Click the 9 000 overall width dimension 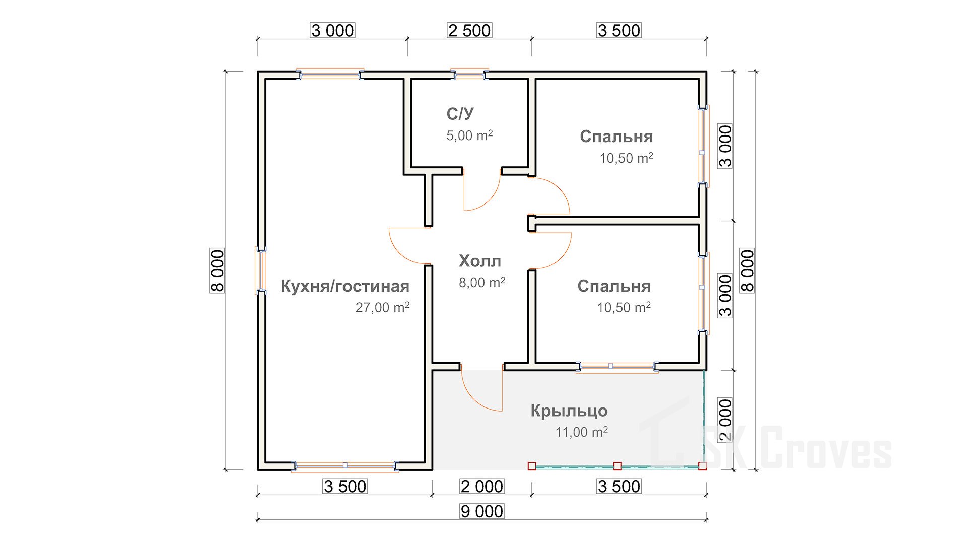click(x=482, y=511)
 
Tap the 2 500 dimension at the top click(x=469, y=31)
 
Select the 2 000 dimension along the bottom click(x=482, y=486)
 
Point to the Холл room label click(x=479, y=261)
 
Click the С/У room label click(x=460, y=114)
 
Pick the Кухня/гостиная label click(x=344, y=286)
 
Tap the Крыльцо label click(x=569, y=411)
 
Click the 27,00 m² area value click(x=382, y=307)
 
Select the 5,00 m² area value click(x=469, y=135)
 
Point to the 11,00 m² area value click(x=581, y=432)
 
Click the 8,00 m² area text click(x=481, y=283)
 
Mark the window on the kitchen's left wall click(x=261, y=270)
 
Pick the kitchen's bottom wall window click(x=345, y=466)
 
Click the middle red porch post click(x=617, y=466)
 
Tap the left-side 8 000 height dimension click(x=217, y=270)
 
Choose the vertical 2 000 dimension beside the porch click(x=725, y=420)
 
